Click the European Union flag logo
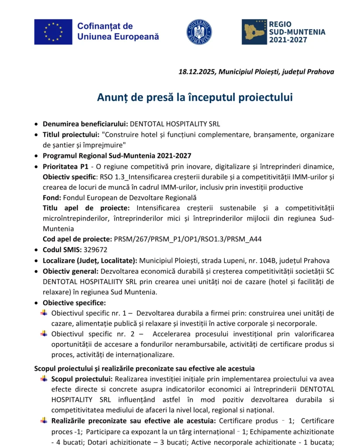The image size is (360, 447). point(53,31)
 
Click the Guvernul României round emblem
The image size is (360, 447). point(199,31)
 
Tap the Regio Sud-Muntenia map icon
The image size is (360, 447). point(254,31)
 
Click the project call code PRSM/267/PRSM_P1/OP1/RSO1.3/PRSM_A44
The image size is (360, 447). point(188,239)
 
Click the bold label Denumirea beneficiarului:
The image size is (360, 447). point(85,124)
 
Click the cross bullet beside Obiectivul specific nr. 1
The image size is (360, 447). point(44,313)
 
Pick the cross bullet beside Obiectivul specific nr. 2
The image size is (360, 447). point(44,334)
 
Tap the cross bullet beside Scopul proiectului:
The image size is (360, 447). point(44,378)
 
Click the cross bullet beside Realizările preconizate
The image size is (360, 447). point(44,421)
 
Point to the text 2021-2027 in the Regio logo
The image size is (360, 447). point(288,40)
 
